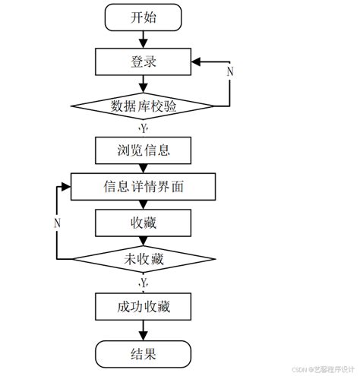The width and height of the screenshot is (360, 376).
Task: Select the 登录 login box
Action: tap(144, 61)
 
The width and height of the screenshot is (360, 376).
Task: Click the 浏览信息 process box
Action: tap(144, 150)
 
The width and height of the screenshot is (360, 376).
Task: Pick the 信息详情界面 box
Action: tap(144, 185)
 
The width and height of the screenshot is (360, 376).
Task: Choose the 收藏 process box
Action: tap(144, 223)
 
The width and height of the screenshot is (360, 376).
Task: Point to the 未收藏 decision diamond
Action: tap(144, 260)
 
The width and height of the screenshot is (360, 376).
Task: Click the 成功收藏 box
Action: tap(144, 307)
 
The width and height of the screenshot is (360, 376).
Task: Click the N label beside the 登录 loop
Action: tap(230, 71)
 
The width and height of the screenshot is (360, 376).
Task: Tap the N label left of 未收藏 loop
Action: tap(57, 223)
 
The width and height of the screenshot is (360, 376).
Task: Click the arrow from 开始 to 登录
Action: tap(144, 39)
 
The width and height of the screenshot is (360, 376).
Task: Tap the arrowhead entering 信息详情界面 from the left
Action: tap(66, 185)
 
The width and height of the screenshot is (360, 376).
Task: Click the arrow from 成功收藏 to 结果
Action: tap(144, 330)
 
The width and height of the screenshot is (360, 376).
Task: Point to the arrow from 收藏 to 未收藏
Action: tap(144, 241)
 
